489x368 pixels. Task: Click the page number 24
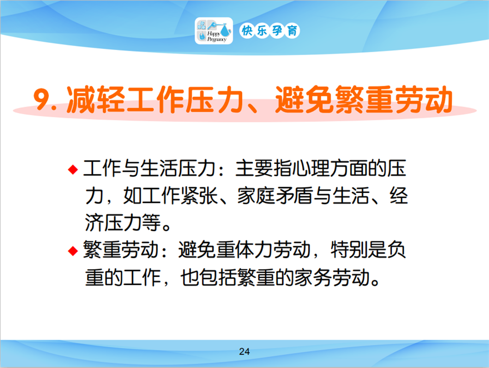coord(244,351)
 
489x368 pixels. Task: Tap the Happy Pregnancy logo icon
coord(214,31)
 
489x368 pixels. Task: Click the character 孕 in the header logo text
coord(277,31)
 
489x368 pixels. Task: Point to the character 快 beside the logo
coord(247,31)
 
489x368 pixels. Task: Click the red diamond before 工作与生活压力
coord(73,170)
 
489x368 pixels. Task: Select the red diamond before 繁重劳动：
coord(73,251)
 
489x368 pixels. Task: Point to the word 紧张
coord(199,196)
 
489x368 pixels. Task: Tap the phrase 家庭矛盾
coord(275,196)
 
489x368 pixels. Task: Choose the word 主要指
coord(264,168)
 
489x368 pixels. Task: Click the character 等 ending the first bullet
coord(151,223)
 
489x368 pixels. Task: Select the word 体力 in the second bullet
coord(254,250)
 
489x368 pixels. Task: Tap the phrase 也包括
coord(208,277)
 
